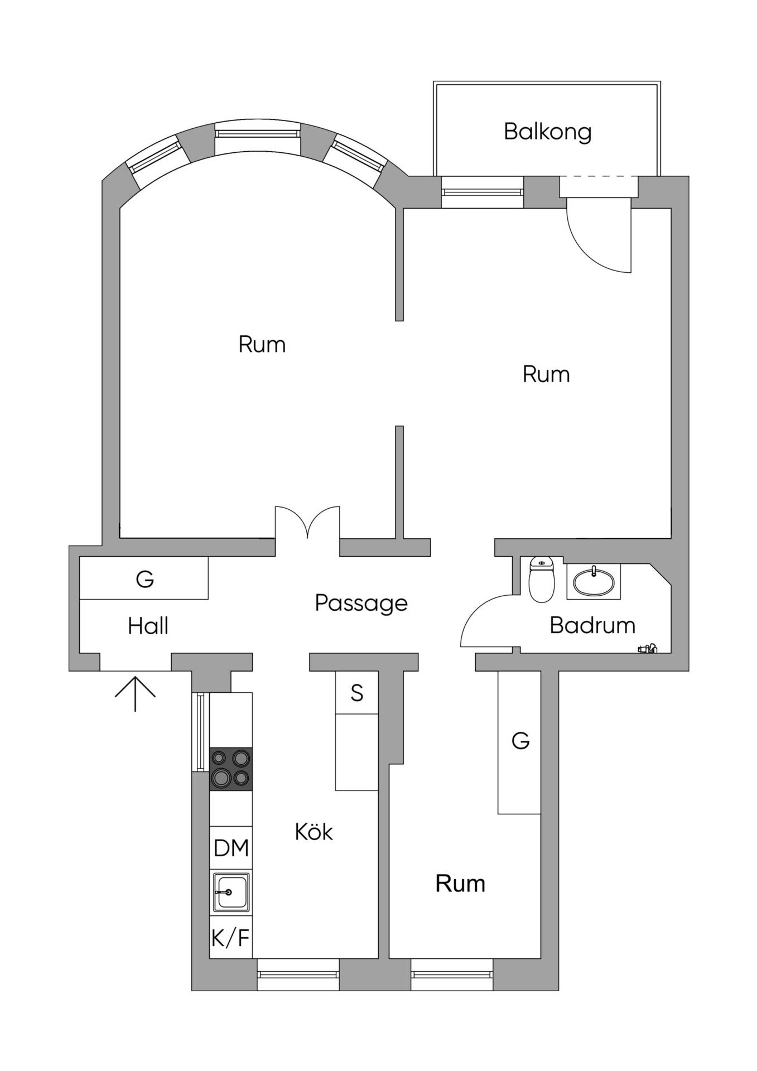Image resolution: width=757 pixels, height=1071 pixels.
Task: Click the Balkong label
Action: coord(547,132)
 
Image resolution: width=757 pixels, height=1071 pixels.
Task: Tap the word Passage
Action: coord(361,604)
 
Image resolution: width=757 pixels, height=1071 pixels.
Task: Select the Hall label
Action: coord(148,626)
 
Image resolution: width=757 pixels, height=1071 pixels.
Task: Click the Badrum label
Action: coord(592,625)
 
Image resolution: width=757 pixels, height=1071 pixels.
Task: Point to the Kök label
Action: coord(314,832)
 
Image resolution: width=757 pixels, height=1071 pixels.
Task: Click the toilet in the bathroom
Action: coord(541,579)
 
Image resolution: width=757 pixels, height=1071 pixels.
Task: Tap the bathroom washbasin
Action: coord(594,581)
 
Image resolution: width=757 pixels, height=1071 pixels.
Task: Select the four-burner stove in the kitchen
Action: coord(230,769)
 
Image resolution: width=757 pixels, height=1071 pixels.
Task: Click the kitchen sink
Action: coord(230,892)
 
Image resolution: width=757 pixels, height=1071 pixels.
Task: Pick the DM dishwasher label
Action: coord(231,848)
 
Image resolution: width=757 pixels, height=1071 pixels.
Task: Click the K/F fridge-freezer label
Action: coord(230,938)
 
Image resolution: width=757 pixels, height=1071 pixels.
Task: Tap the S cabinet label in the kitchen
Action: coord(357,693)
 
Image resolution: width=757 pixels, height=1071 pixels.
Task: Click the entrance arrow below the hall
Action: coord(135,693)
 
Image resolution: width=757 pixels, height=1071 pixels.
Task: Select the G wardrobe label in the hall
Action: coord(145,580)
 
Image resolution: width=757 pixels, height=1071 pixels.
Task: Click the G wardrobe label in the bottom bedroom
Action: coord(520,741)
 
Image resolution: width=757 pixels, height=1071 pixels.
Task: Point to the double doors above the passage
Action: coord(307,522)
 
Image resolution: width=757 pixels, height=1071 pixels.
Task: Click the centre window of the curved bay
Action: coord(257,134)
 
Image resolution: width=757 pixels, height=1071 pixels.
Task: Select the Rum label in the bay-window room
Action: coord(262,345)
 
